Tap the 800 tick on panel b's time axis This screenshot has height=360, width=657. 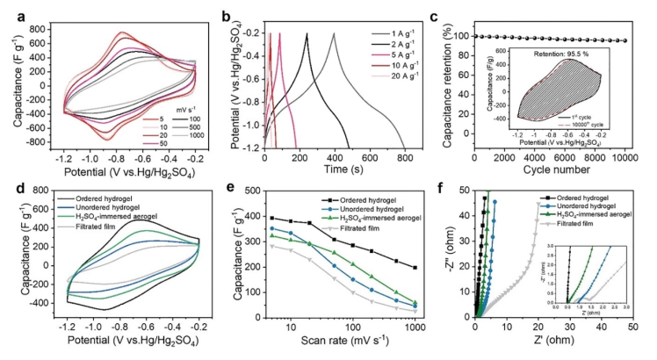click(405, 158)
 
